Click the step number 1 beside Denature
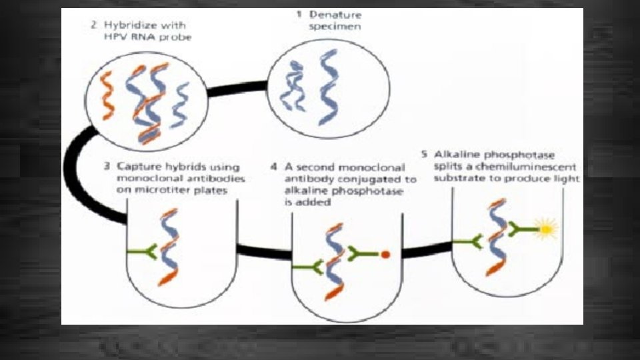[x=299, y=14]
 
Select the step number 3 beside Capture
[x=107, y=166]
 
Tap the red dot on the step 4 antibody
[x=385, y=254]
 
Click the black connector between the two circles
[x=237, y=89]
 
